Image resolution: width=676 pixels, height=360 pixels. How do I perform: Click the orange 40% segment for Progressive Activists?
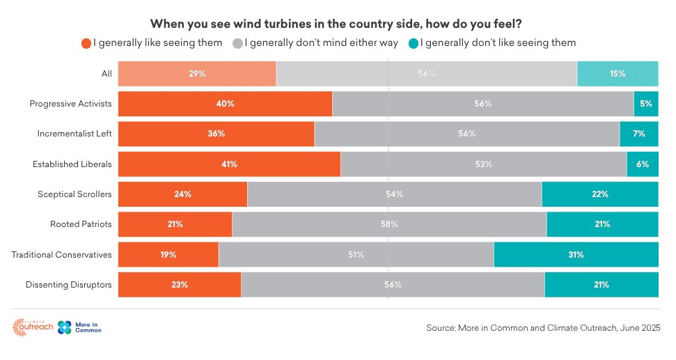coord(225,104)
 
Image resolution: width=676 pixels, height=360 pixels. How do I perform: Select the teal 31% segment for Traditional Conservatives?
coord(576,255)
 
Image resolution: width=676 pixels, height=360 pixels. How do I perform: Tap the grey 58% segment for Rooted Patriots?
coord(389,224)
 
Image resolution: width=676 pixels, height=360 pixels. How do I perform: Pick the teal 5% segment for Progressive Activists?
coord(645,104)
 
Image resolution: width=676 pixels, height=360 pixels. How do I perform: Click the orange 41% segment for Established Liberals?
coord(229,164)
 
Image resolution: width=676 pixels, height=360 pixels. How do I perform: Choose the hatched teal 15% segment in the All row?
coord(618,73)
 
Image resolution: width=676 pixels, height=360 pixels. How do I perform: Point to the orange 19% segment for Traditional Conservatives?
coord(168,255)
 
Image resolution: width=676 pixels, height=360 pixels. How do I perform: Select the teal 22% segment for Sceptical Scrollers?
coord(599,194)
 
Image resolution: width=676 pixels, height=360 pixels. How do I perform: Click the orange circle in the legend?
coord(86,43)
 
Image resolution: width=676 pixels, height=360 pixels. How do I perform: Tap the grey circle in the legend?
coord(237,43)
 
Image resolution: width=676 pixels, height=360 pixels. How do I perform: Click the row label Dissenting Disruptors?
coord(68,285)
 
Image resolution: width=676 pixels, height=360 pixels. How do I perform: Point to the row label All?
coord(106,73)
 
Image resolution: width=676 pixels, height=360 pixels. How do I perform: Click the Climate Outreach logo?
coord(33,327)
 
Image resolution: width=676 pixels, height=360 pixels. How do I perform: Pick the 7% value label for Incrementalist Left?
coord(638,134)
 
